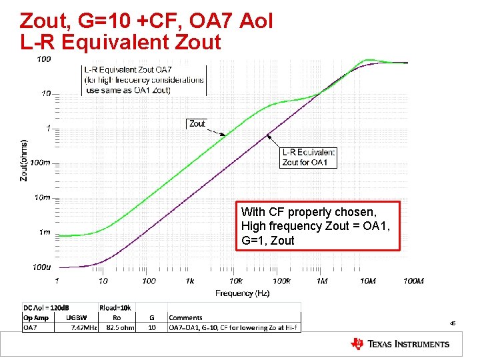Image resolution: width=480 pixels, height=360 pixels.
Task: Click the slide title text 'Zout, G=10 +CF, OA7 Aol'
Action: [x=147, y=21]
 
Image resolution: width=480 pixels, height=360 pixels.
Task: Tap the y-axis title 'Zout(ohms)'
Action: [x=24, y=160]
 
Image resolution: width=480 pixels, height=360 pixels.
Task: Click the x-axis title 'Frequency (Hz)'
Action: [x=242, y=293]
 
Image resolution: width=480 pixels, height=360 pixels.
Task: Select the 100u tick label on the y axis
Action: [x=41, y=267]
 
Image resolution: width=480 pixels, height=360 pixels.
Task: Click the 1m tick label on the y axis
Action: [x=43, y=232]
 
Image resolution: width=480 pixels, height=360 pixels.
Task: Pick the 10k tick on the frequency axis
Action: [x=235, y=281]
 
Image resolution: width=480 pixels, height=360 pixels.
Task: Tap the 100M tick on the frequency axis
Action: [x=413, y=281]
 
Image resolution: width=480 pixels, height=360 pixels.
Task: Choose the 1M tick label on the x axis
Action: [x=322, y=281]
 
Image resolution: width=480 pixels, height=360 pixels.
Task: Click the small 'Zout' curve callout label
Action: [x=197, y=123]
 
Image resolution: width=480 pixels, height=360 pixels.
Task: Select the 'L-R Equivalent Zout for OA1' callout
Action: [x=309, y=157]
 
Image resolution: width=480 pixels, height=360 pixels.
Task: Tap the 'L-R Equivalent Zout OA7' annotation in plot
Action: [x=144, y=80]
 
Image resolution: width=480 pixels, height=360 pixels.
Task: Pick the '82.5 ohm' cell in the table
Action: [x=121, y=327]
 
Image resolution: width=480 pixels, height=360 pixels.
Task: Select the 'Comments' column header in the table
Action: [x=185, y=318]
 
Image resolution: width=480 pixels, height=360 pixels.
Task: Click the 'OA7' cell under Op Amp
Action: [x=31, y=327]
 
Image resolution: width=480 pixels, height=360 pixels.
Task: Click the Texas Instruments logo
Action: [x=400, y=344]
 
